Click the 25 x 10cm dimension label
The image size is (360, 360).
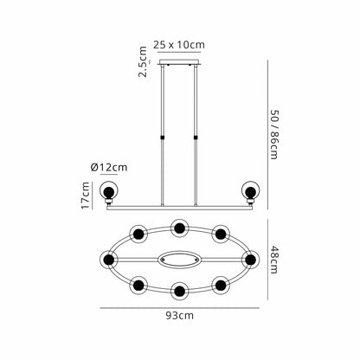pos(179,45)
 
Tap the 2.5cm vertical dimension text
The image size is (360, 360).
pos(143,61)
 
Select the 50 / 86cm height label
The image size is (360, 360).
pos(273,134)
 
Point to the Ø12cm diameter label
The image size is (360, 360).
pos(109,167)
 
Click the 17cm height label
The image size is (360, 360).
pos(86,196)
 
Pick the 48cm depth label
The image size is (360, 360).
pos(273,260)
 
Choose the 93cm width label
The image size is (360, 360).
pos(180,316)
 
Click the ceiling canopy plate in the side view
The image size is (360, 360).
pos(179,62)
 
